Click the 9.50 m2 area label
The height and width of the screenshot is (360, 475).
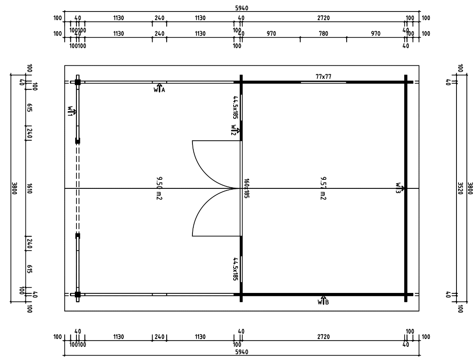coord(159,188)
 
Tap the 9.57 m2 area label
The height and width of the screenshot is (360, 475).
coord(323,188)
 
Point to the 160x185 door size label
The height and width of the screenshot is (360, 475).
coord(246,188)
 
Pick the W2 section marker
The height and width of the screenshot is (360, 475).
coord(234,130)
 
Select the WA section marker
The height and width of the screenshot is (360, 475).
coord(159,89)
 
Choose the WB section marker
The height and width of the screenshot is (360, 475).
coord(323,301)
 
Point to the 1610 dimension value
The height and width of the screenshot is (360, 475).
coord(30,188)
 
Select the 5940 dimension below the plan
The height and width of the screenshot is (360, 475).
coord(242,352)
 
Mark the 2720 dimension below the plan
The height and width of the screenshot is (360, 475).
coord(323,337)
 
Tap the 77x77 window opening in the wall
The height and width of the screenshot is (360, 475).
coord(323,82)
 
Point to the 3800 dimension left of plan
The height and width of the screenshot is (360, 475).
coord(14,188)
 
